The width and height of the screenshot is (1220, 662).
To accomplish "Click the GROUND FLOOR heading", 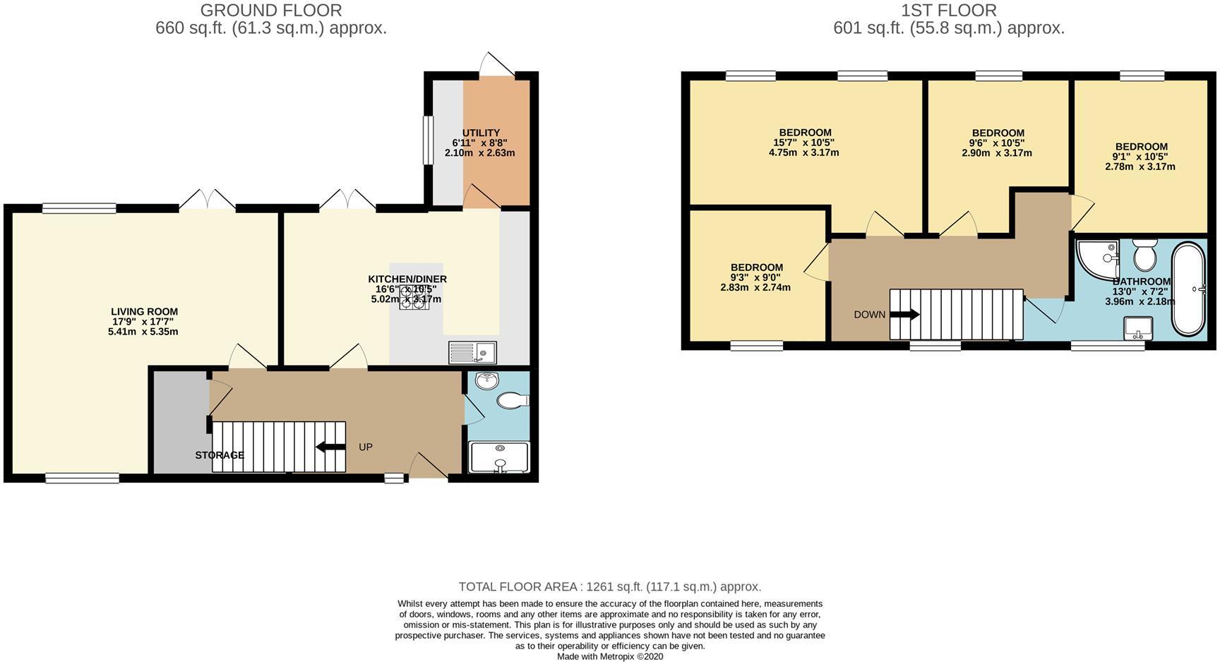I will click(271, 11).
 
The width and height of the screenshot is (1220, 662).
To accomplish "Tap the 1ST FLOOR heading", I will click(949, 11).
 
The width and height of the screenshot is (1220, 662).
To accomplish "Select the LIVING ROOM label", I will click(144, 312).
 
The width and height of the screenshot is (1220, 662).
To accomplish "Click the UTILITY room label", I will click(481, 133).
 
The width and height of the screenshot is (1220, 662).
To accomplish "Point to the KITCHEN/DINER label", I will click(407, 279).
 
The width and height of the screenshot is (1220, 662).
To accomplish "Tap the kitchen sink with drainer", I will click(472, 352).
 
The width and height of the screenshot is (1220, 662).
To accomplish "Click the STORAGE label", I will click(220, 455).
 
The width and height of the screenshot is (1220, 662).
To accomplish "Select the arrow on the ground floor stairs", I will click(330, 447).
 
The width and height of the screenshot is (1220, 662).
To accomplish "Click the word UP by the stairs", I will click(365, 447).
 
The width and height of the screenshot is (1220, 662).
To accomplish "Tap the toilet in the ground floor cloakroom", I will click(513, 401).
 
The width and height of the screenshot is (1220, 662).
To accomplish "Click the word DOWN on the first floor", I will click(869, 315).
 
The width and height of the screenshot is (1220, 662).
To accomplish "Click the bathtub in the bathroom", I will click(1189, 289).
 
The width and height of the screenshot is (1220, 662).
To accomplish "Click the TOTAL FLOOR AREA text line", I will click(609, 586).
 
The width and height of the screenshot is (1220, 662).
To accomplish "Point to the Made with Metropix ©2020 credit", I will click(609, 656).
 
